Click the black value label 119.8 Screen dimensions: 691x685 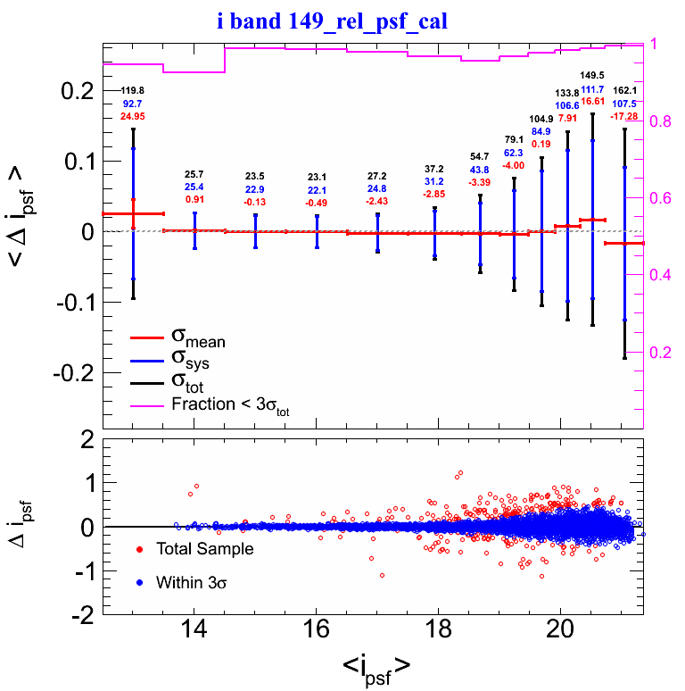tap(133, 91)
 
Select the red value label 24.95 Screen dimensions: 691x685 tap(133, 116)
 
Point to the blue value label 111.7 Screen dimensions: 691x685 tap(592, 89)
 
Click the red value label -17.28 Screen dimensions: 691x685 tap(624, 116)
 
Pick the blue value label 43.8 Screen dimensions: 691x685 tap(480, 170)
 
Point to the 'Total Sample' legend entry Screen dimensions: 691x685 tap(204, 548)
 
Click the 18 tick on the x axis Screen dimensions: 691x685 tap(438, 628)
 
